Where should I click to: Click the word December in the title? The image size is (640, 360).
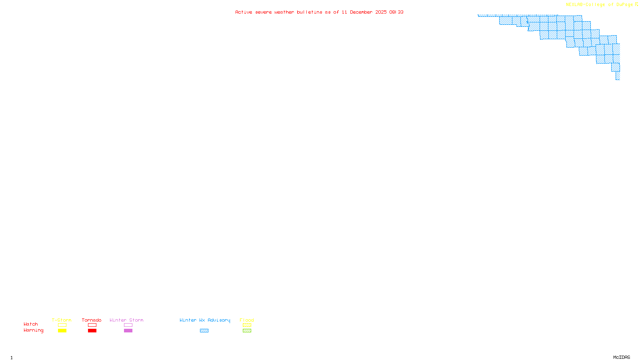click(x=361, y=12)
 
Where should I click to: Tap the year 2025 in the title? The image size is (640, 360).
click(x=381, y=12)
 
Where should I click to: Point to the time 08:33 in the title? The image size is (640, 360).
click(x=396, y=12)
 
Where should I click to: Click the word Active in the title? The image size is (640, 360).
click(x=244, y=12)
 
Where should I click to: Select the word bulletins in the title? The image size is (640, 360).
click(x=310, y=12)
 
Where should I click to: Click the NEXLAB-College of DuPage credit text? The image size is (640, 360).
click(x=599, y=5)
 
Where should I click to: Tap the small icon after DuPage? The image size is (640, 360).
click(x=636, y=4)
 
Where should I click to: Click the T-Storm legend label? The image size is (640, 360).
click(x=62, y=320)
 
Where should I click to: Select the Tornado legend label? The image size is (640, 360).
click(x=92, y=320)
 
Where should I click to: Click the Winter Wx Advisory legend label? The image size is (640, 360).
click(x=205, y=320)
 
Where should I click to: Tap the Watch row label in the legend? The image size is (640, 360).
click(x=31, y=324)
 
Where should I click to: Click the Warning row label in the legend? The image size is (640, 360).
click(x=33, y=330)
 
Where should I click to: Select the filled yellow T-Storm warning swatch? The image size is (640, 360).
click(x=62, y=331)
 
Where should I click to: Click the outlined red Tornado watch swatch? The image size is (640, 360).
click(x=92, y=325)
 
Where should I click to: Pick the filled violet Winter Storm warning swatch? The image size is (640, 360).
click(x=128, y=331)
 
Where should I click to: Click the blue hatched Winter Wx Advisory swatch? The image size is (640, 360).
click(x=204, y=331)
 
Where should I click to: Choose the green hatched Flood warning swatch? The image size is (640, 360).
click(x=247, y=331)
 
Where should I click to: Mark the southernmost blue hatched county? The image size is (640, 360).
click(x=618, y=76)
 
